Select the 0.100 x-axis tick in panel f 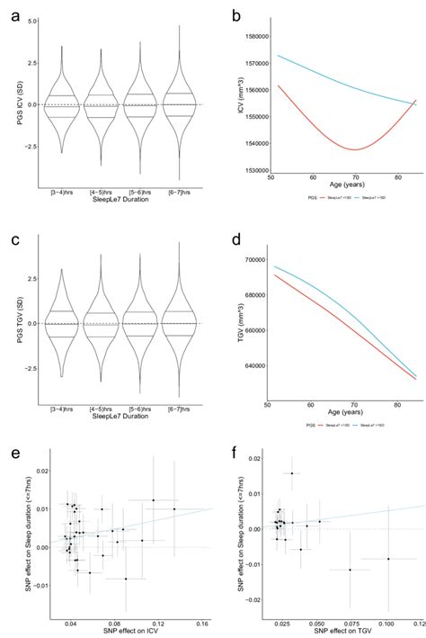tap(387, 622)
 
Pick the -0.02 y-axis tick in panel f tap(254, 599)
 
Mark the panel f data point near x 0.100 tap(388, 559)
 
